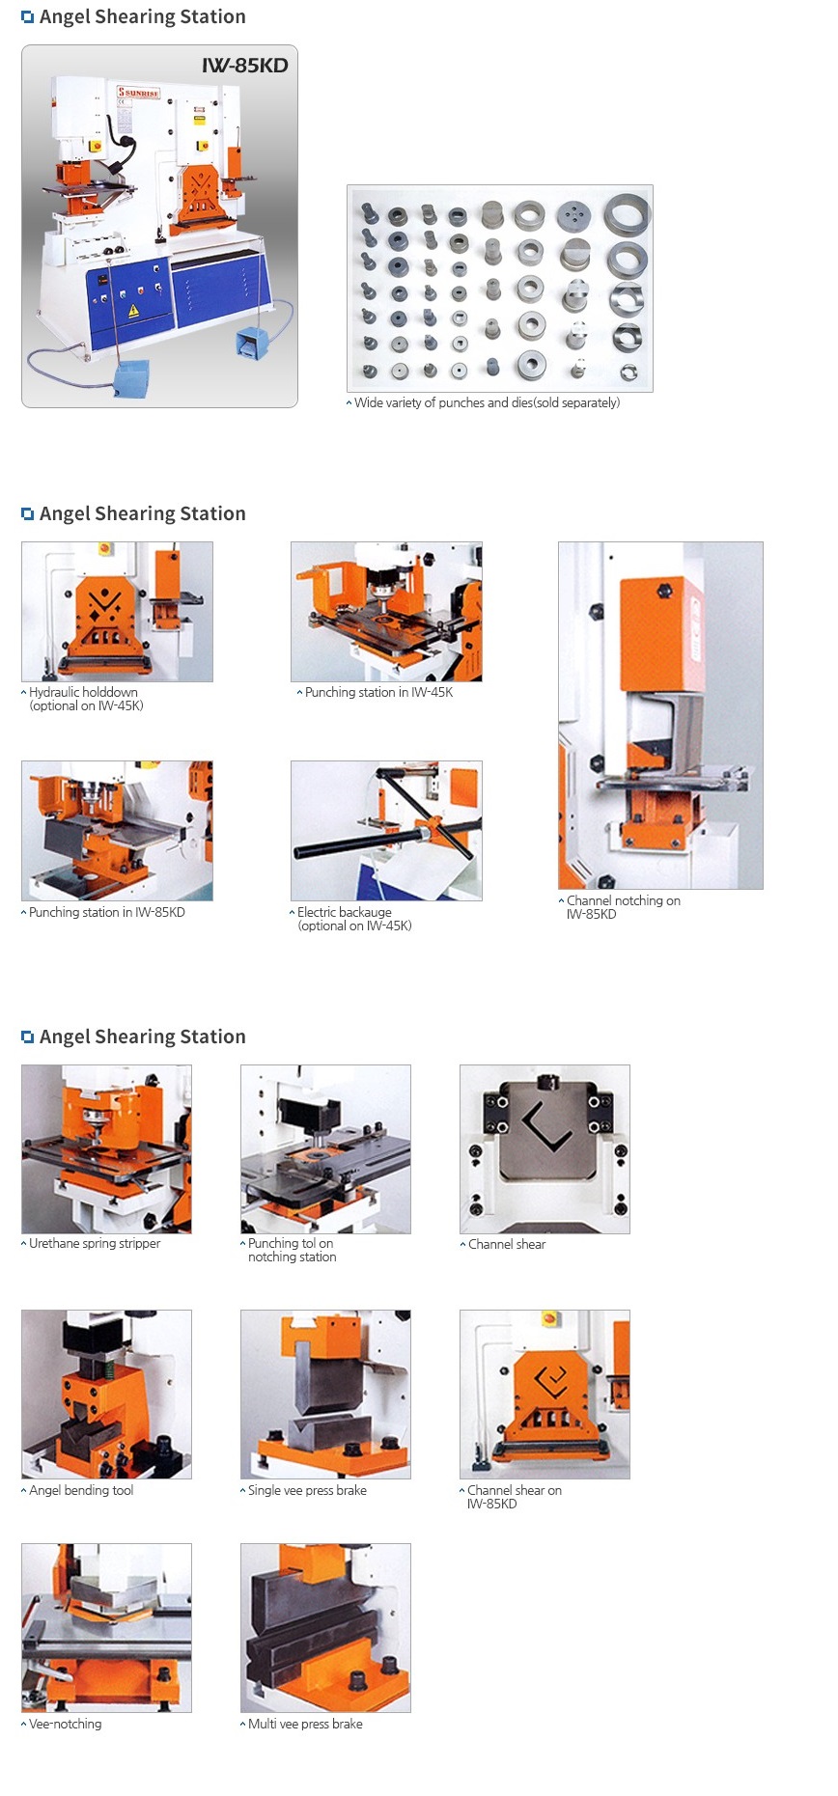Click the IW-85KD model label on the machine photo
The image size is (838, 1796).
(x=245, y=66)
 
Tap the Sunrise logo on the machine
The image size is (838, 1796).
(x=138, y=93)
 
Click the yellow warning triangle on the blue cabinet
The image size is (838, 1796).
(x=134, y=311)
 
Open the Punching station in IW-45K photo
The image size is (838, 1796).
(x=386, y=612)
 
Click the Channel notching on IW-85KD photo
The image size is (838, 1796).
(x=660, y=715)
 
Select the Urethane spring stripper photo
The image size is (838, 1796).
(x=106, y=1149)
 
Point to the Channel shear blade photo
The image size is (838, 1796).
(x=545, y=1149)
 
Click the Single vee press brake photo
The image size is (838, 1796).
(x=325, y=1395)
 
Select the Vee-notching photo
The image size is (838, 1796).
(x=106, y=1628)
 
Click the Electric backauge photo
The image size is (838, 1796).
(x=386, y=831)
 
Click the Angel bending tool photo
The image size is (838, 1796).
(x=106, y=1395)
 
